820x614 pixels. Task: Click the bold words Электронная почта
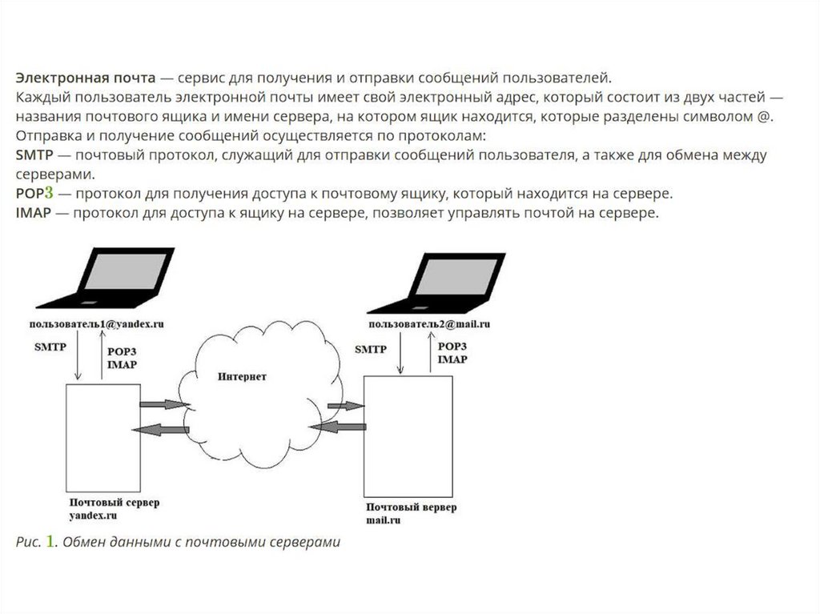pos(83,78)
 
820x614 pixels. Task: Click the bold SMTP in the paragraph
pos(34,155)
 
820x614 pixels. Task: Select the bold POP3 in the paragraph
pos(34,194)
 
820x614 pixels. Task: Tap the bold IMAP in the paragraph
pos(34,213)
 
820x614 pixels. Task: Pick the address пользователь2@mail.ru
pos(429,324)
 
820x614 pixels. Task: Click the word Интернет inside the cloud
pos(244,375)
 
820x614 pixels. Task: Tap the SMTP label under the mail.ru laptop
pos(370,350)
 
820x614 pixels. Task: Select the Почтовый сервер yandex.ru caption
pos(113,508)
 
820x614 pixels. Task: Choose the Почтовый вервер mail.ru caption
pos(412,513)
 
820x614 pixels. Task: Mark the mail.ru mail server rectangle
pos(408,438)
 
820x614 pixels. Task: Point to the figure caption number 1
pos(50,542)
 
